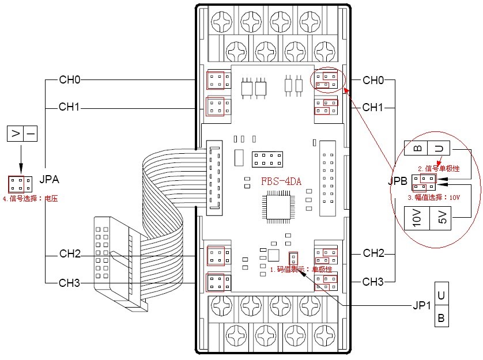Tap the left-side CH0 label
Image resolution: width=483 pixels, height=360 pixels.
click(69, 79)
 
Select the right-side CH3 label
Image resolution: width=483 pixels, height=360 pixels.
click(373, 282)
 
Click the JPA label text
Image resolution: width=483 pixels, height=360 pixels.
click(50, 180)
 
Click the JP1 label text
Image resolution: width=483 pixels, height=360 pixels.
click(421, 305)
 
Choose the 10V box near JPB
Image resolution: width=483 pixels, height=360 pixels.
click(417, 219)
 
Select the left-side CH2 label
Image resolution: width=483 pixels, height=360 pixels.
click(69, 254)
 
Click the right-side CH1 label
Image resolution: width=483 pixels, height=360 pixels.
click(373, 107)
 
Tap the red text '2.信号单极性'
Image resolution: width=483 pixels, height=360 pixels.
click(439, 169)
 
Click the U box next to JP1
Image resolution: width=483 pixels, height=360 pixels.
click(441, 295)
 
